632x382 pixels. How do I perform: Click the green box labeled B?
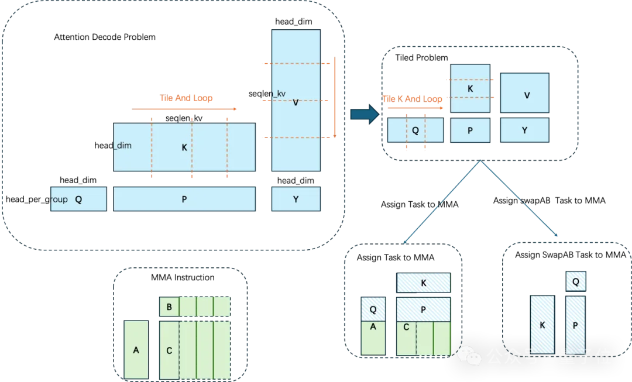tap(169, 307)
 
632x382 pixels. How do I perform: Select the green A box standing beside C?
tap(136, 349)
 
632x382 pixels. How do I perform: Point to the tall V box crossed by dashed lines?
tap(296, 101)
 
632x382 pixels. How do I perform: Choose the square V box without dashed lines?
tap(525, 93)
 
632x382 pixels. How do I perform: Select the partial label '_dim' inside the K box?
tap(122, 145)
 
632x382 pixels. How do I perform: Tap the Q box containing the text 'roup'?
tap(78, 199)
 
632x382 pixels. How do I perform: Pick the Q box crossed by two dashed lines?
tap(415, 130)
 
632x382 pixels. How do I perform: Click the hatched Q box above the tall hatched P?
tap(575, 282)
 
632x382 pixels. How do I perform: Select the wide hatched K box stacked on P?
tap(424, 283)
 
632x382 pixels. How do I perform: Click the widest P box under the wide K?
tap(184, 199)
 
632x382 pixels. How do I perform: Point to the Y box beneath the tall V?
tap(296, 199)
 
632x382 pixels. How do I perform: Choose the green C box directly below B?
tap(169, 350)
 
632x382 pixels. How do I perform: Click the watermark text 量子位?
tap(585, 356)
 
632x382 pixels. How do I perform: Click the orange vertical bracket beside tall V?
tap(335, 98)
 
